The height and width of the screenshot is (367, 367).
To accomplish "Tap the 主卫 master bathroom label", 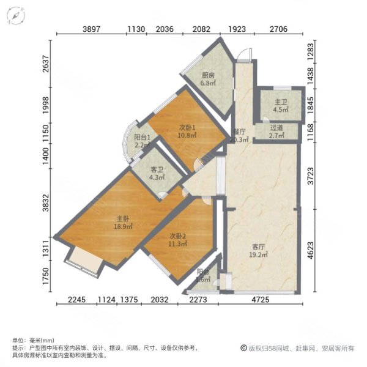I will coord(281,102).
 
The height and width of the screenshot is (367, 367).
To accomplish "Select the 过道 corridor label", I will coord(277,127).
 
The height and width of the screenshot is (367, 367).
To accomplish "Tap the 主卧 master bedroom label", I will coord(123,218).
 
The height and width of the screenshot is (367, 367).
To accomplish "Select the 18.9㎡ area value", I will coord(123,226).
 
